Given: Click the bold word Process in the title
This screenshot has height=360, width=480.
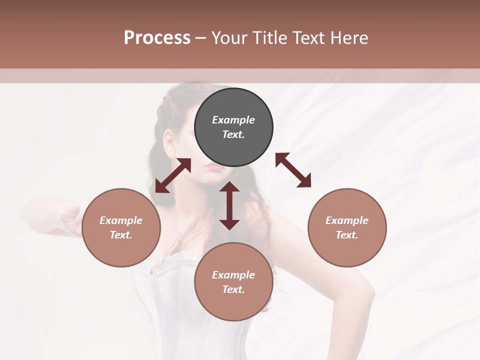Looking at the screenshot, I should (157, 38).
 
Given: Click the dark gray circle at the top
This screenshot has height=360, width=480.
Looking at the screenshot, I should (233, 127).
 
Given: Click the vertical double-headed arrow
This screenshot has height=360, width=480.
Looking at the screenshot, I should (229, 205).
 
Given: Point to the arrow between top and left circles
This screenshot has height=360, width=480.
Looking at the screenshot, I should (173, 175).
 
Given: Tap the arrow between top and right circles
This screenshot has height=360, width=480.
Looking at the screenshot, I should (293, 170).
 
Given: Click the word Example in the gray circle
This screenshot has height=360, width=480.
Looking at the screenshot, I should (233, 120).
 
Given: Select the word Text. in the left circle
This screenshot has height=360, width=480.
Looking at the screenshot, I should (121, 235).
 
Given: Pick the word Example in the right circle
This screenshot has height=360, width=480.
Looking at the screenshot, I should (347, 220).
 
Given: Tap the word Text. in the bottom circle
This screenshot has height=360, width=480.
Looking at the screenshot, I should (233, 289).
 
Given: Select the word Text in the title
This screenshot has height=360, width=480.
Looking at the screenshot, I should (307, 38).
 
